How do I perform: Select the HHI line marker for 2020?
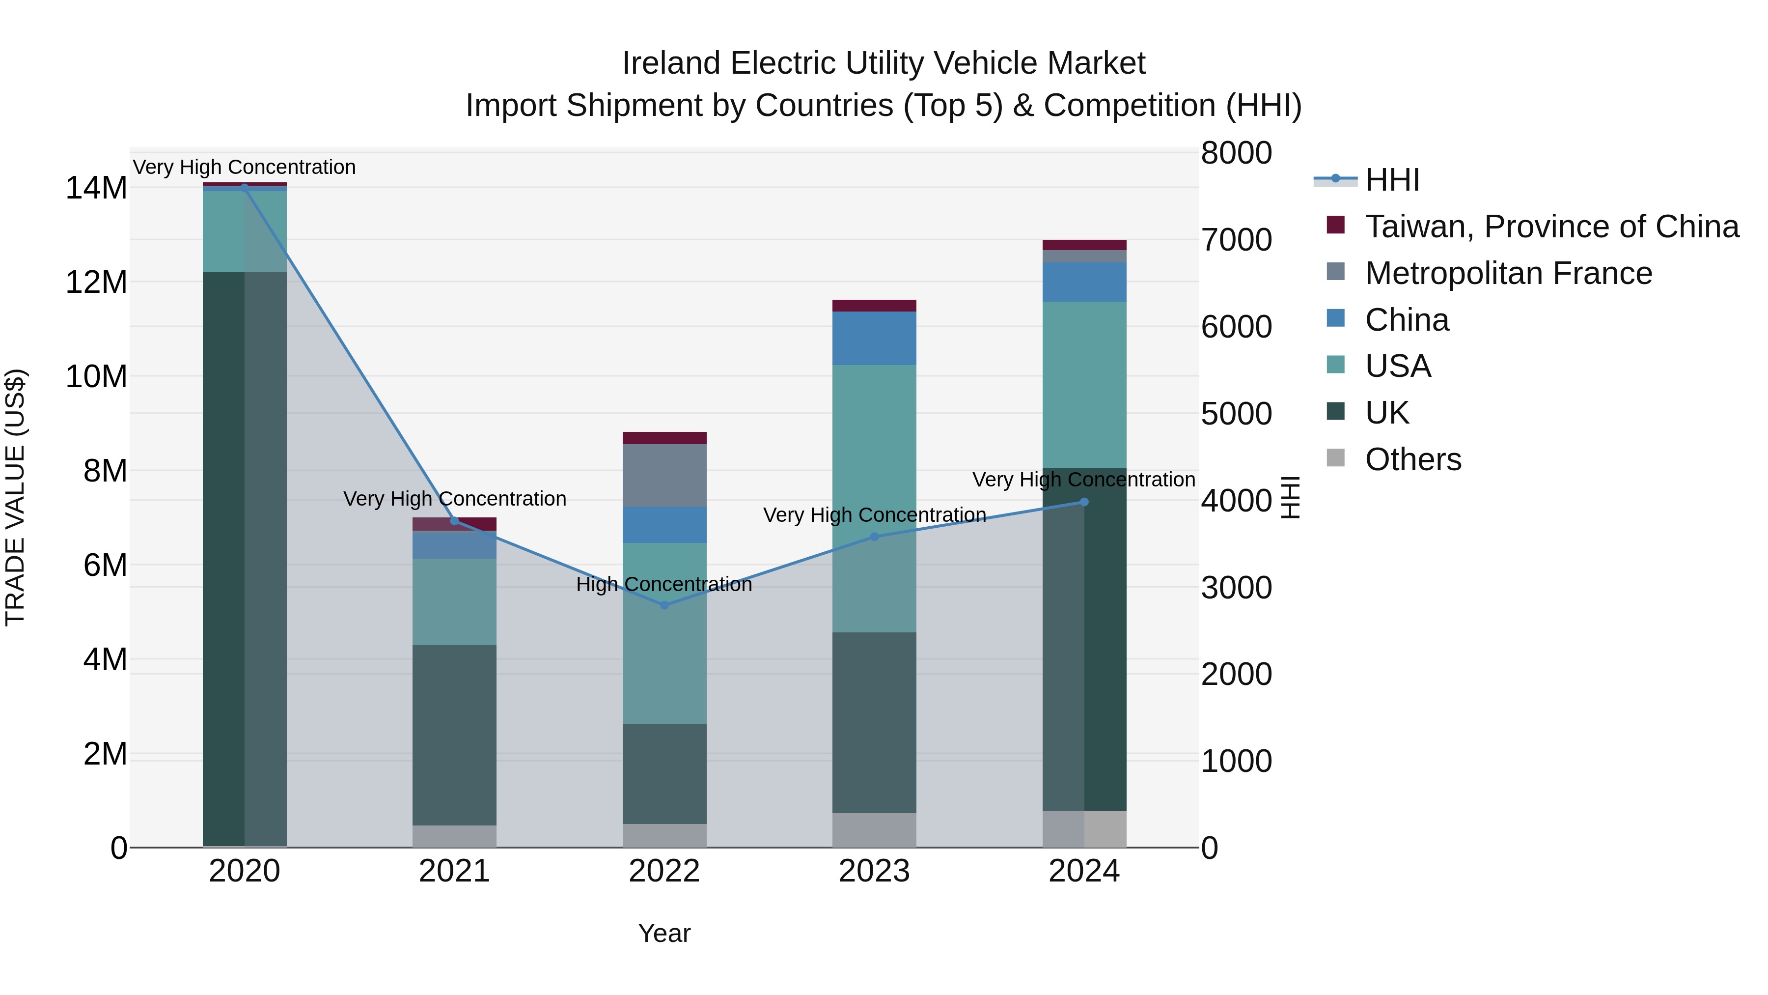coord(245,188)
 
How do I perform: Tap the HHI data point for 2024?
coord(1084,502)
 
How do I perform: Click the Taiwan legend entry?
coord(1551,227)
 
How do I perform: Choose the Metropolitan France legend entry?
coord(1508,273)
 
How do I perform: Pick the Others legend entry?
coord(1412,459)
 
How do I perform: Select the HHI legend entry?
coord(1391,180)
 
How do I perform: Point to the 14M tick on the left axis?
coord(96,188)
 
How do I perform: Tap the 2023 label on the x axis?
coord(874,871)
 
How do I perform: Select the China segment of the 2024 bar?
coord(1084,282)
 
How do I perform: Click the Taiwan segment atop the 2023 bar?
coord(874,306)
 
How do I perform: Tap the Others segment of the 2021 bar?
coord(454,836)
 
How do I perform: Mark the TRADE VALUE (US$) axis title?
coord(15,497)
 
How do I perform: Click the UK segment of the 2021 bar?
coord(454,735)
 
